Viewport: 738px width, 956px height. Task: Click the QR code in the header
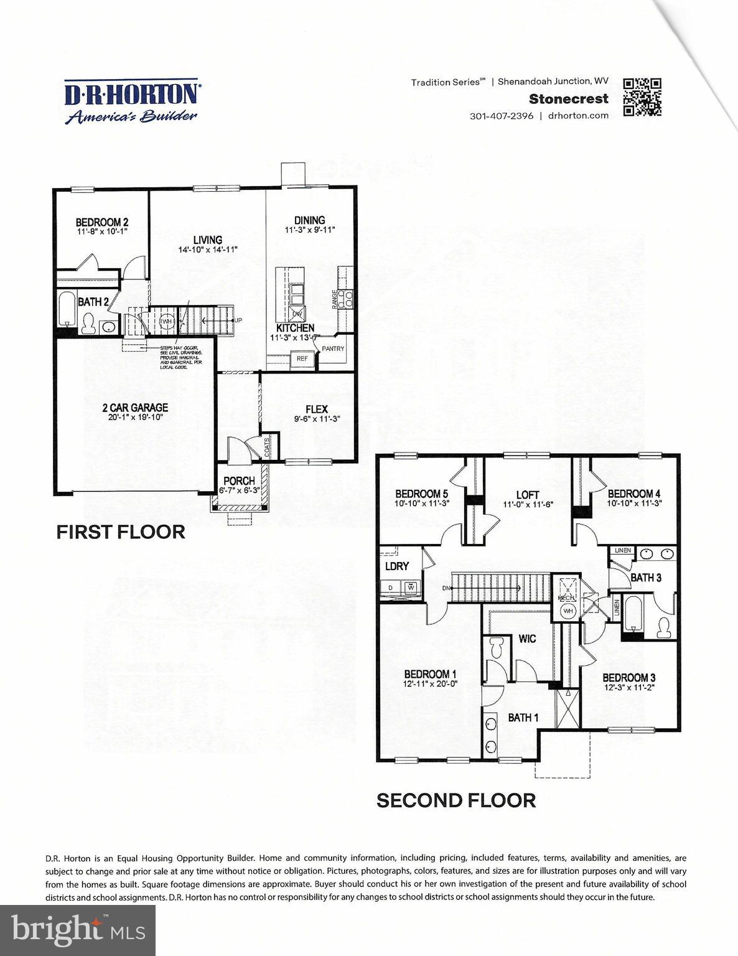coord(642,97)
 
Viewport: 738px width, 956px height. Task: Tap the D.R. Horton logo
coord(131,101)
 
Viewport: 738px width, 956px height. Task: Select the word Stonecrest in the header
coord(568,99)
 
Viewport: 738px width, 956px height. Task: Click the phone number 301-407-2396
coord(501,116)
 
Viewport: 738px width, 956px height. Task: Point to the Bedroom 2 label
coord(102,222)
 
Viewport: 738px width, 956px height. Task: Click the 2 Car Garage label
coord(135,408)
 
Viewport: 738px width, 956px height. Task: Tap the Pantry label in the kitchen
coord(333,349)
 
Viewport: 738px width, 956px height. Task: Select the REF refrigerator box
coord(302,359)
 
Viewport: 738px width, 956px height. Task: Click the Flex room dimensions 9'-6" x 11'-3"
coord(317,419)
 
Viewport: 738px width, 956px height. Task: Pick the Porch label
coord(239,480)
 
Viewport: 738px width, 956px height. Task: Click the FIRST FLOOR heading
coord(121,532)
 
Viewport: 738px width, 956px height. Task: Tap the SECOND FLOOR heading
coord(455,800)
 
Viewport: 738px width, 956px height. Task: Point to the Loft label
coord(528,495)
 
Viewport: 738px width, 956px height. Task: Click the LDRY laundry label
coord(396,566)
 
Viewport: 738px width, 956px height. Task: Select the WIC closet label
coord(527,639)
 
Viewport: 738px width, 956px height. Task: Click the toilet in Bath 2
coord(88,323)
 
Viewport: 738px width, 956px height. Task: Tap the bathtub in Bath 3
coord(633,614)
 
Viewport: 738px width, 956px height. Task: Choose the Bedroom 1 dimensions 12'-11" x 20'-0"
coord(430,683)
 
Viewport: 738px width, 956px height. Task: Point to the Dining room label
coord(309,220)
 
